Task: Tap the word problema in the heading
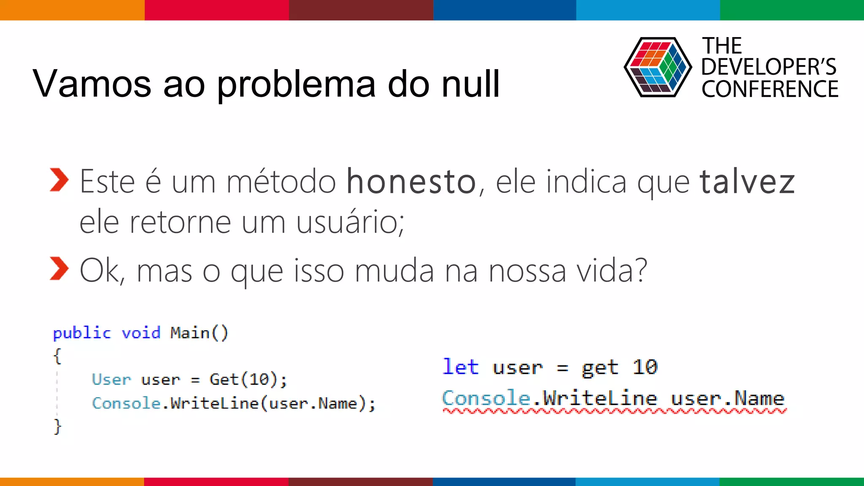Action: pos(296,84)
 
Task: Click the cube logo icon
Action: pos(657,67)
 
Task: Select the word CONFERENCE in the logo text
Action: pos(770,89)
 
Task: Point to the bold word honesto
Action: pos(411,181)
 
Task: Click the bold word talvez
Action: pos(747,181)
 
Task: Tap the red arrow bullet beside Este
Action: pos(59,180)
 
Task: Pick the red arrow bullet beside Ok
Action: pos(59,268)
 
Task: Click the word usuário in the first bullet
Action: pos(350,222)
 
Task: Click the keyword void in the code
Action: pos(141,333)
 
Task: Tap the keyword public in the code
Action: pos(82,333)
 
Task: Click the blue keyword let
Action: pos(460,367)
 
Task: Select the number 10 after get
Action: pos(645,367)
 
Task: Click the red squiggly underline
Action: pos(614,411)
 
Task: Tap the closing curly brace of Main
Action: pos(57,426)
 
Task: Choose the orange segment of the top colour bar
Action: pos(72,10)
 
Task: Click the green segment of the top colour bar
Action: pos(792,10)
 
